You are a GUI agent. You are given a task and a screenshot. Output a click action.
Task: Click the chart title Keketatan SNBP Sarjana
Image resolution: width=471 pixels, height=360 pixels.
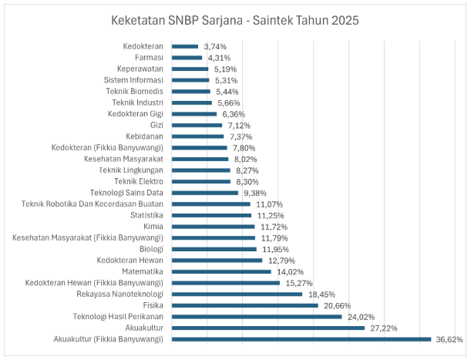click(x=235, y=19)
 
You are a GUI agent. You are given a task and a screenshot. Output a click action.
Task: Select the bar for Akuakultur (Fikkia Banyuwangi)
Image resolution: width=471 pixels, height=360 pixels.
click(x=301, y=338)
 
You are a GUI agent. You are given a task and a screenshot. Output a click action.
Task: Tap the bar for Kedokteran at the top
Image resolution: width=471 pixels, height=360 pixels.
click(x=185, y=46)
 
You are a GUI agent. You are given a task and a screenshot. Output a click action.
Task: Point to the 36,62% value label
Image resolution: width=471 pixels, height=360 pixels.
click(x=449, y=338)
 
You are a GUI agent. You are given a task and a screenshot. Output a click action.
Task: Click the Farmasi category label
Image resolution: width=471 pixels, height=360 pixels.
click(x=149, y=57)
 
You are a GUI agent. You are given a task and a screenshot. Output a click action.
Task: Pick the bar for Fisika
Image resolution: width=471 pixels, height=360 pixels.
click(x=244, y=305)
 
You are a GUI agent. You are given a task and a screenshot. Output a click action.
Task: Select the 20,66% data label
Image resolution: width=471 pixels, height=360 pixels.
click(x=336, y=305)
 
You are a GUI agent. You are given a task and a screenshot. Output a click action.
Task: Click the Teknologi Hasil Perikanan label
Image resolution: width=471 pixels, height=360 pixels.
click(x=118, y=316)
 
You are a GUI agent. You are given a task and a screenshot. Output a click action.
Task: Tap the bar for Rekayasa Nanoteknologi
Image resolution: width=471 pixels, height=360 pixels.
click(x=237, y=294)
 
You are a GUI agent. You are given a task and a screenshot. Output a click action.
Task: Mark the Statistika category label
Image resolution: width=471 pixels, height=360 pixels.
click(x=147, y=215)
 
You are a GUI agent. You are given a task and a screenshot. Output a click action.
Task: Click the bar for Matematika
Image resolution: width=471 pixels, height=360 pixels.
click(x=221, y=271)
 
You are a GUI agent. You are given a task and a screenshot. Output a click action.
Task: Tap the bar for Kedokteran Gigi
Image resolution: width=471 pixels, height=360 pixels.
click(x=194, y=113)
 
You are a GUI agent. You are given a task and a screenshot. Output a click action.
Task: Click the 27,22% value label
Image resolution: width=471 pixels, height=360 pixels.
click(x=383, y=328)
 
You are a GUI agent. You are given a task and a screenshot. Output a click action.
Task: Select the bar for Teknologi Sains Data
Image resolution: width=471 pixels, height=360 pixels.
click(x=205, y=193)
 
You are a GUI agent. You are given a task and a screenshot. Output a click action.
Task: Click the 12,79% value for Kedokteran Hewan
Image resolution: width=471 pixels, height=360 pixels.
click(x=281, y=260)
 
